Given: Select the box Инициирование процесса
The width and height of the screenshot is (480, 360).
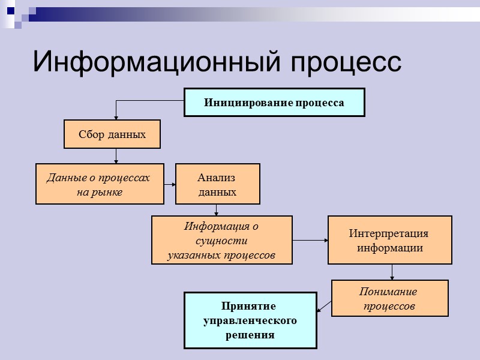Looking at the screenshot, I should [274, 103].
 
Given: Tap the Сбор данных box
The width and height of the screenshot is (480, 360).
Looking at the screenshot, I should [112, 134].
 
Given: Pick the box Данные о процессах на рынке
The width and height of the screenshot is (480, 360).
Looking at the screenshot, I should [100, 184].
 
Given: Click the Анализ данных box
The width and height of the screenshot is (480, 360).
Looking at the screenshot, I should [217, 184].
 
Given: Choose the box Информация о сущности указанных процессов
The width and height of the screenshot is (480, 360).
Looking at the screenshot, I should [221, 241].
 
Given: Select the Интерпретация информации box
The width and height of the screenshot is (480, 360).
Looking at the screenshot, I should [389, 241].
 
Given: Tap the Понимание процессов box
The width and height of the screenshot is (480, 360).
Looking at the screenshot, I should [389, 298].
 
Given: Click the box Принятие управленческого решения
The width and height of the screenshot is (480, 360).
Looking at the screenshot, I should [250, 320].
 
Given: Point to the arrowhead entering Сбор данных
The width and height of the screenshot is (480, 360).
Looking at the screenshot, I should [116, 117].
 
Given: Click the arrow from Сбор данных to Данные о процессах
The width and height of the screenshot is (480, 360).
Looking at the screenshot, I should [116, 156].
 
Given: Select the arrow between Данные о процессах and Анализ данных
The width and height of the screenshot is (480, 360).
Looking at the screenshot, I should [170, 184].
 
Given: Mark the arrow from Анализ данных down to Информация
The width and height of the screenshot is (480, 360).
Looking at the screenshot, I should [217, 210].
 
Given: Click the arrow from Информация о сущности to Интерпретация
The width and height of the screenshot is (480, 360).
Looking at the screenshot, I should [310, 241].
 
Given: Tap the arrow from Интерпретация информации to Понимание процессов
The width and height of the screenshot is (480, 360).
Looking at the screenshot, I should [392, 272].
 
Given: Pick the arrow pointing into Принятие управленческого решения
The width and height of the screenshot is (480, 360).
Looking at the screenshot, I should [323, 307].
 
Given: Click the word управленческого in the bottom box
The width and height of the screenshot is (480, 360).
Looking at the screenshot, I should [250, 320].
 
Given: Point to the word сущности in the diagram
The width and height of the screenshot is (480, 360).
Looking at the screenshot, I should [221, 241].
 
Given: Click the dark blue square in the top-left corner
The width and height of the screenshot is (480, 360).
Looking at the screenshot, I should [11, 10].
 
